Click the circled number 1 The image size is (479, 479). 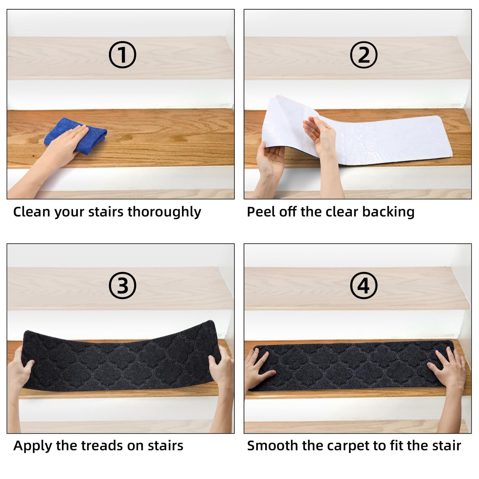point(122,55)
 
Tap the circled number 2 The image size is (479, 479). point(363,55)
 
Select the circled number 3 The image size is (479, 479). point(122,285)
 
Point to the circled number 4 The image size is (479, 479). point(363,285)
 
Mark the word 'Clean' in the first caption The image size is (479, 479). point(31,212)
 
